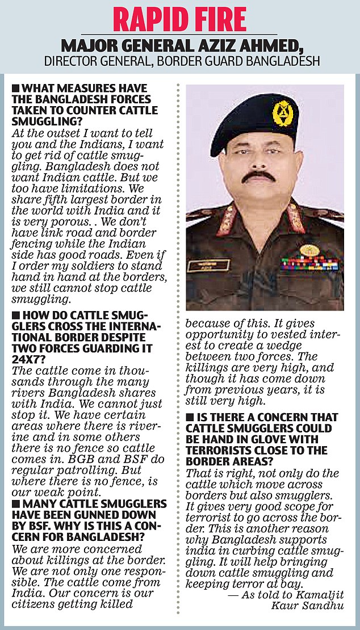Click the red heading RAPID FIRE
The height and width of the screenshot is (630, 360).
point(179,19)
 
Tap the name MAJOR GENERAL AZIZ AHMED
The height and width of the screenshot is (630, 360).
point(179,45)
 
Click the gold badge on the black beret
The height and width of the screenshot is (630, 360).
point(282,112)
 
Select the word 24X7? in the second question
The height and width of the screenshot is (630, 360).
point(24,359)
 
